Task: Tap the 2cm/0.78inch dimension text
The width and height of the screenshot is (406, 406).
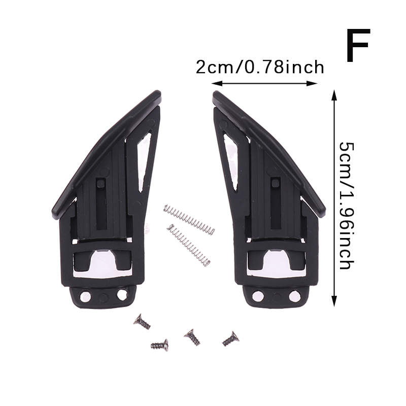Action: click(260, 67)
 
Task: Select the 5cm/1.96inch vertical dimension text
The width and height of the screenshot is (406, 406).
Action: click(347, 206)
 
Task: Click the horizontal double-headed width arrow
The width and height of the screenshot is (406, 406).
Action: click(264, 83)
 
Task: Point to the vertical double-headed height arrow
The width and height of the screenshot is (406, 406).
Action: click(334, 198)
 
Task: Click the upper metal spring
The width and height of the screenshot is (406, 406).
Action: click(189, 220)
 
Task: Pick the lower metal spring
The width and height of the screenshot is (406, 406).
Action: click(188, 245)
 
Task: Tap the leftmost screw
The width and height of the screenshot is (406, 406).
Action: click(142, 322)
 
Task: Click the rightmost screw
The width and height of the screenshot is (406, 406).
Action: click(230, 339)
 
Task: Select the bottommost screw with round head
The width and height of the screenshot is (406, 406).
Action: click(160, 345)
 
